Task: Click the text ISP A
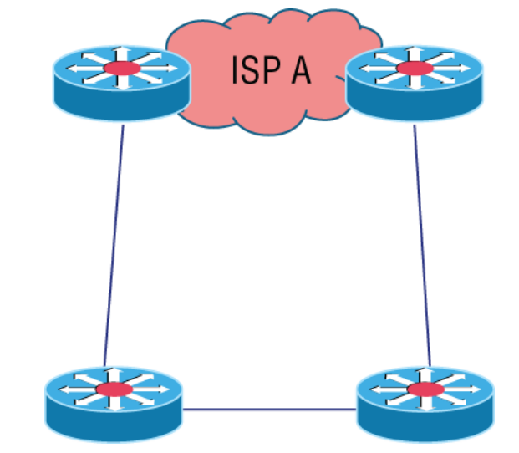(x=271, y=70)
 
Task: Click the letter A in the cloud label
(x=298, y=70)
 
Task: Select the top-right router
(x=413, y=80)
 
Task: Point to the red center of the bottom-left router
(x=114, y=389)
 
